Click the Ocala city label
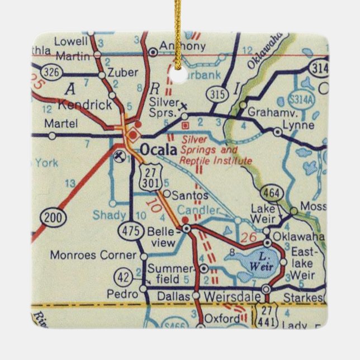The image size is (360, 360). click(158, 150)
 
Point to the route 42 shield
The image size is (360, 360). click(124, 276)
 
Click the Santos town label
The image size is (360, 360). click(190, 196)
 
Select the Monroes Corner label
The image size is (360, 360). click(93, 255)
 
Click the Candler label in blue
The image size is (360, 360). click(196, 210)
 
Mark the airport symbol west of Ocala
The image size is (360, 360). click(119, 155)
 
